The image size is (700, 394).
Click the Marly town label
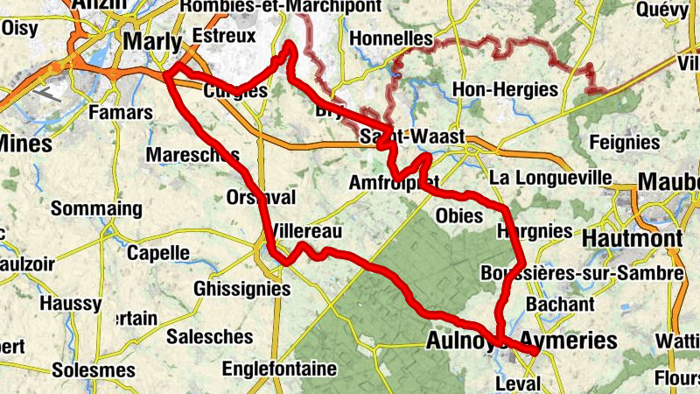pos(152,41)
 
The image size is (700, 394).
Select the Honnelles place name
pos(390,39)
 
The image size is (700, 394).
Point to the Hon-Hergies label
pos(505,89)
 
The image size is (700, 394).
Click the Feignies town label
pos(625,142)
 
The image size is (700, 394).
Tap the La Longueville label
pos(550,178)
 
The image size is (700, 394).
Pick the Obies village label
pos(459,215)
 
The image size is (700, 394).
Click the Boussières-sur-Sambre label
pos(581,274)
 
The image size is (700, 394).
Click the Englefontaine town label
pos(279,369)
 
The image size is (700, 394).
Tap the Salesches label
pos(210,336)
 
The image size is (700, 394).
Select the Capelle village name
pos(157,253)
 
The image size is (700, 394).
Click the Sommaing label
pos(96,209)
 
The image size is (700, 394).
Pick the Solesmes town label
pos(94,370)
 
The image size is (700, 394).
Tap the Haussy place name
pos(70,303)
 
